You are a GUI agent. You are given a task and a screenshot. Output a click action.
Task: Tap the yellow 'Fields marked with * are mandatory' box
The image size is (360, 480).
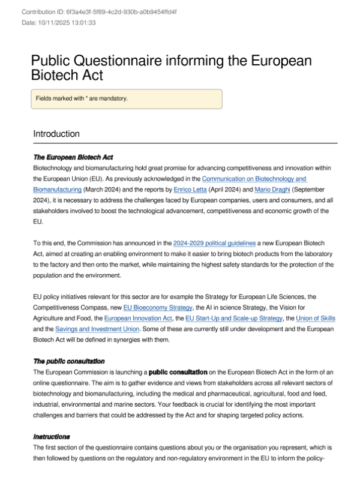(x=127, y=99)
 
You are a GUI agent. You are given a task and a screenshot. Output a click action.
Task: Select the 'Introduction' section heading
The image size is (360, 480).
(x=56, y=133)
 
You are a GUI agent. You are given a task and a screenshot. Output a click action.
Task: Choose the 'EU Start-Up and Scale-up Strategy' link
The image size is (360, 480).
(x=233, y=319)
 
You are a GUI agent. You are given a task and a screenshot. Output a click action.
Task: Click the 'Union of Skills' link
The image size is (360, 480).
(x=313, y=319)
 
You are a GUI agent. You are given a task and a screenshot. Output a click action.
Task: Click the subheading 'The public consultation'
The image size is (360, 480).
(x=68, y=361)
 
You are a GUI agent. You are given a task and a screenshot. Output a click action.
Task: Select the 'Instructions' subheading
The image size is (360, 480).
(x=52, y=436)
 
